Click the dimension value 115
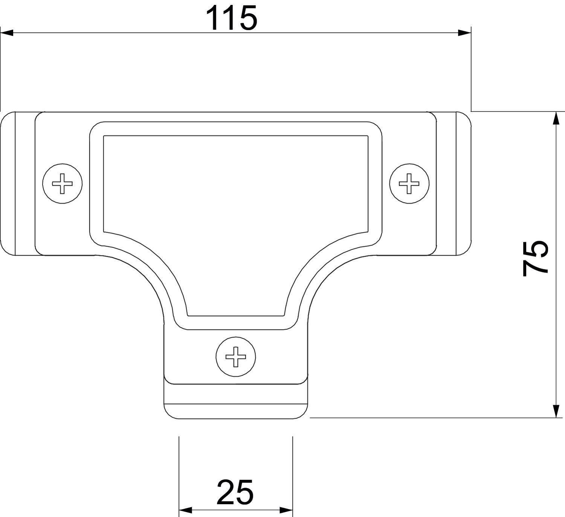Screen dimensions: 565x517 [x=232, y=18]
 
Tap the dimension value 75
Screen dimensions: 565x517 [x=535, y=258]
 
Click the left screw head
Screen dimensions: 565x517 [x=62, y=184]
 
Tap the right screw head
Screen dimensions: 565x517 [x=409, y=184]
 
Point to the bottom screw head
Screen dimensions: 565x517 [x=236, y=357]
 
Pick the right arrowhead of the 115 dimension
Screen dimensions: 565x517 [x=464, y=33]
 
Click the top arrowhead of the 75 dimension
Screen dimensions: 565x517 [x=556, y=118]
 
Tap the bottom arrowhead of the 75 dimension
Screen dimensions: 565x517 [x=556, y=411]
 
